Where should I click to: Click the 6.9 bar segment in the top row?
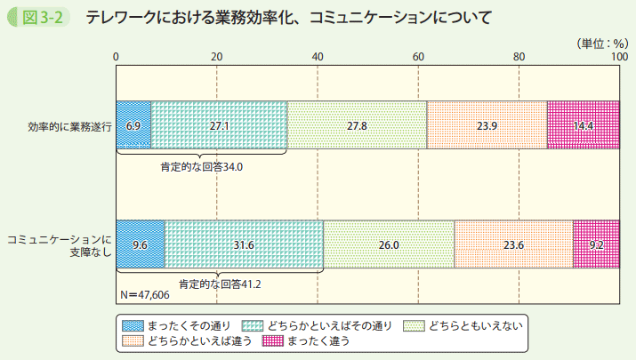[133, 125]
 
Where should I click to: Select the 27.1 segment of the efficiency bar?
[219, 125]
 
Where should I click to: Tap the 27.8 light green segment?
[357, 125]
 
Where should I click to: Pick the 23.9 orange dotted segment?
[487, 125]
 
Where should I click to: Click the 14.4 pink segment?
[583, 125]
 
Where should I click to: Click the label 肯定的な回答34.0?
[201, 165]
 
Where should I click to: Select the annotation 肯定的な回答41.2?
[219, 284]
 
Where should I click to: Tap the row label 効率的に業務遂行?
[69, 126]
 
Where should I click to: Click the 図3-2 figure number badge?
[40, 18]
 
